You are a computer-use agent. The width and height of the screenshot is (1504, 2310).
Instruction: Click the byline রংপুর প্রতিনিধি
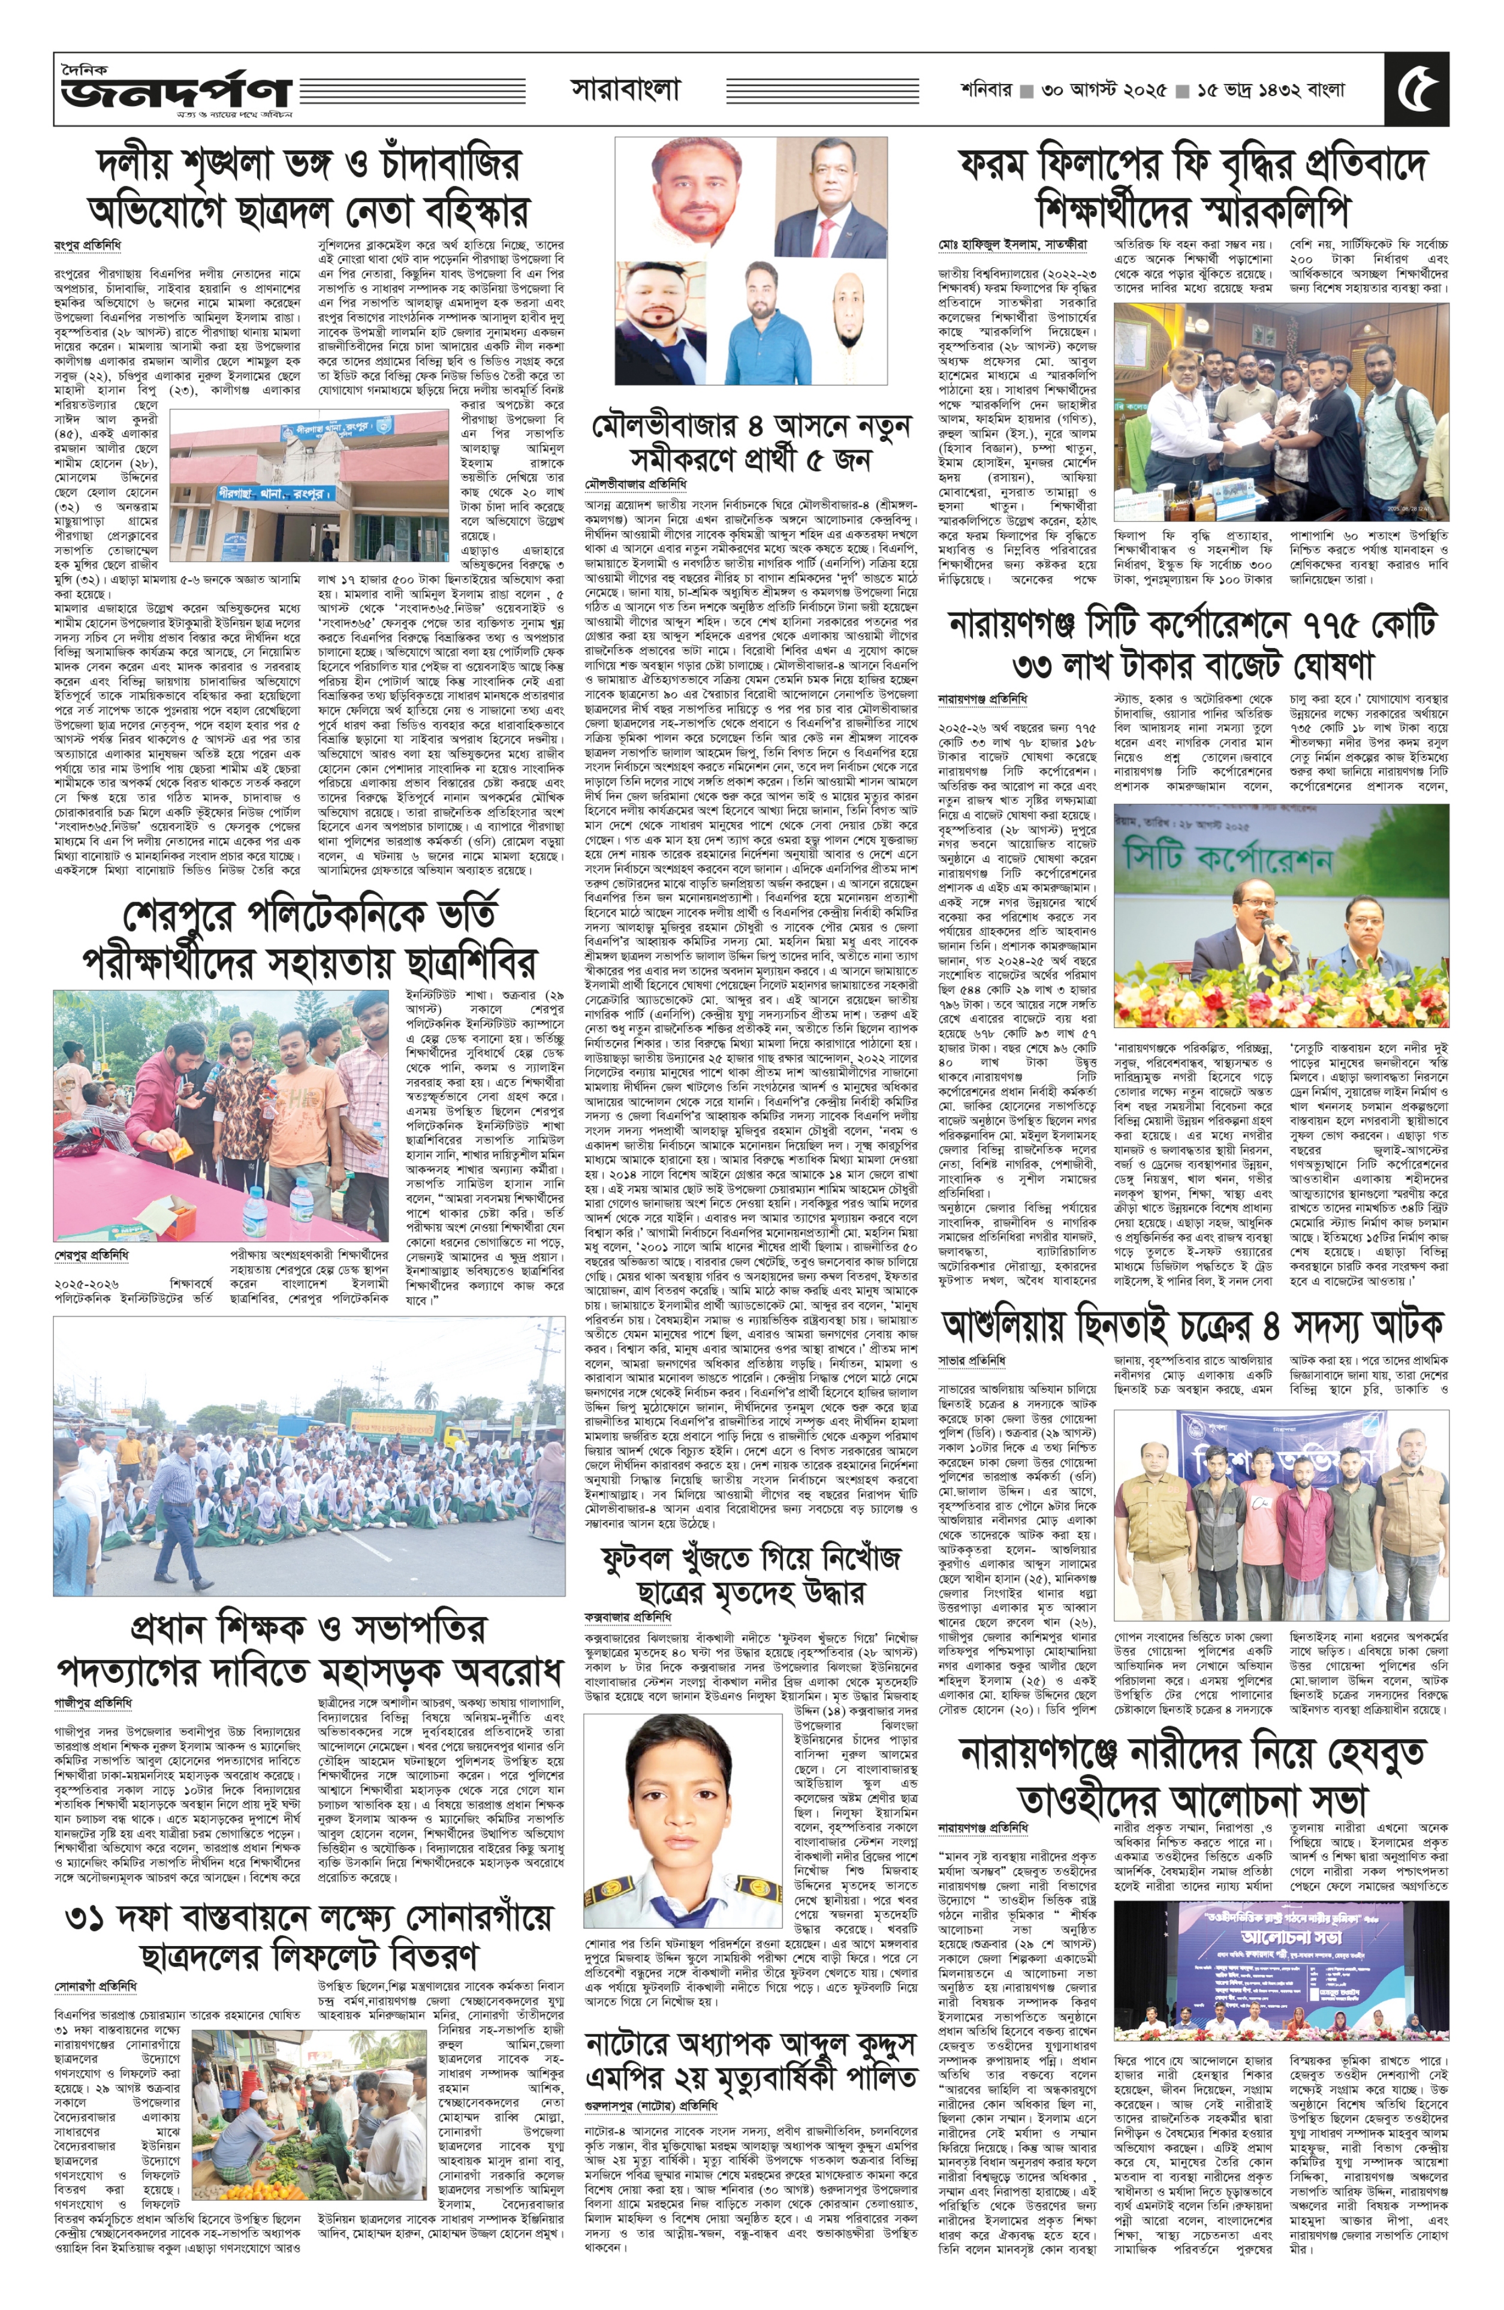(x=88, y=245)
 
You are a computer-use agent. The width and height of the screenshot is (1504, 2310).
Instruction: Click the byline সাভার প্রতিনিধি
(x=971, y=1362)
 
